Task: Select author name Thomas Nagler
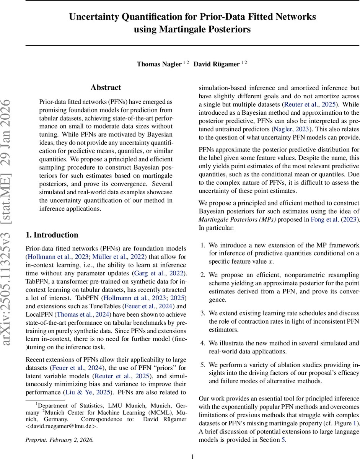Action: pyautogui.click(x=159, y=64)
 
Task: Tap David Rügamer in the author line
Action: pyautogui.click(x=216, y=64)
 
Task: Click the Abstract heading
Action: pyautogui.click(x=106, y=88)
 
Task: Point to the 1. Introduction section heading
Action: pyautogui.click(x=52, y=235)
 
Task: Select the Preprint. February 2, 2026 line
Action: pyautogui.click(x=59, y=440)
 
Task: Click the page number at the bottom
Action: pyautogui.click(x=192, y=456)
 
